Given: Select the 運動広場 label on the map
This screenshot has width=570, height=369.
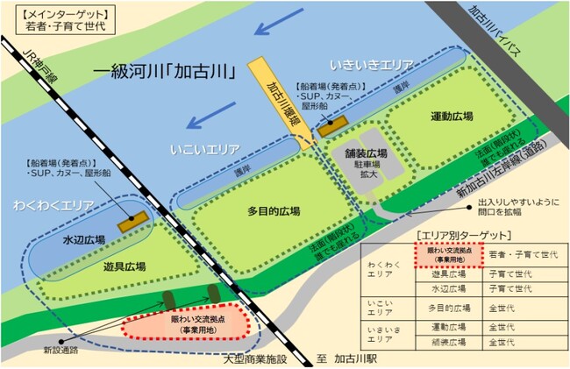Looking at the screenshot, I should coord(452,117).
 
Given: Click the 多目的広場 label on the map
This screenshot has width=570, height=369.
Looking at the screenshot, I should coord(273,211).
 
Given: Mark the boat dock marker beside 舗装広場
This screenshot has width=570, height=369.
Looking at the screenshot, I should coord(331,129).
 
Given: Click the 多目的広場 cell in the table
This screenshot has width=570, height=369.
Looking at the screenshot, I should coord(446,308).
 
